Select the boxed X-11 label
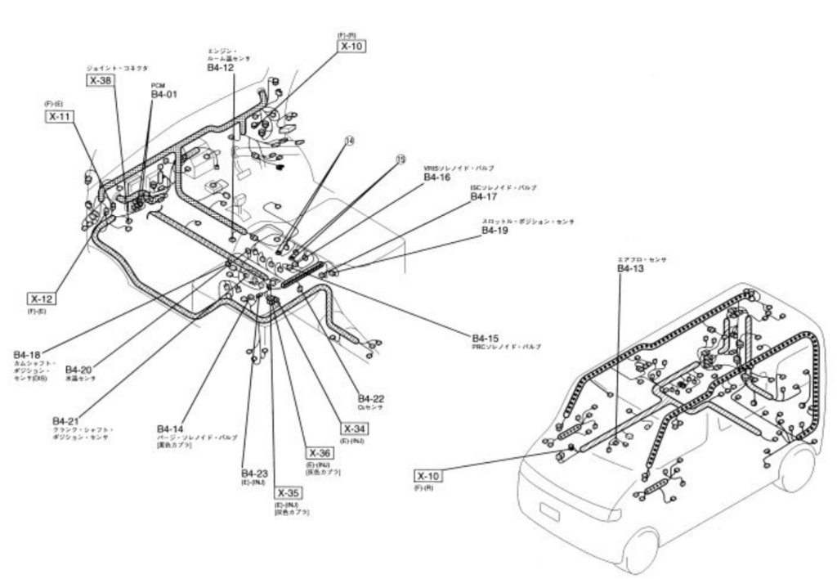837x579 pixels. pyautogui.click(x=58, y=117)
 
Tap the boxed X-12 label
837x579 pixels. pyautogui.click(x=40, y=298)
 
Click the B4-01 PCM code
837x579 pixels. pyautogui.click(x=163, y=95)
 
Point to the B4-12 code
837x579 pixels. pyautogui.click(x=220, y=69)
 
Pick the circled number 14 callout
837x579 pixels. pyautogui.click(x=350, y=141)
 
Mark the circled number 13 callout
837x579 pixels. pyautogui.click(x=400, y=161)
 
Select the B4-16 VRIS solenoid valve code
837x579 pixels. pyautogui.click(x=436, y=177)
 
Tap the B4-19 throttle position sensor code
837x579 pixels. pyautogui.click(x=495, y=231)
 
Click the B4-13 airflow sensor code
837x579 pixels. pyautogui.click(x=630, y=268)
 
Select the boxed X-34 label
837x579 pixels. pyautogui.click(x=355, y=429)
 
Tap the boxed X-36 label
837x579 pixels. pyautogui.click(x=320, y=453)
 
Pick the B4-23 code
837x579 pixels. pyautogui.click(x=254, y=474)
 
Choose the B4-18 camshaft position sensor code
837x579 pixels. pyautogui.click(x=27, y=354)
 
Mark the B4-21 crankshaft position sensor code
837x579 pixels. pyautogui.click(x=66, y=420)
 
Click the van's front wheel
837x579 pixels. pyautogui.click(x=638, y=550)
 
